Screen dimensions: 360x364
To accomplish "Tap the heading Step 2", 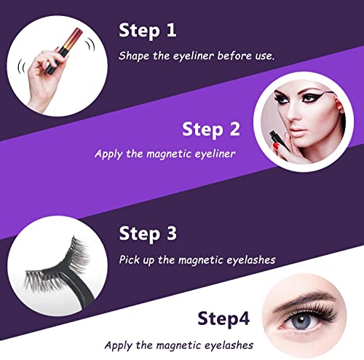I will click(x=212, y=129).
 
